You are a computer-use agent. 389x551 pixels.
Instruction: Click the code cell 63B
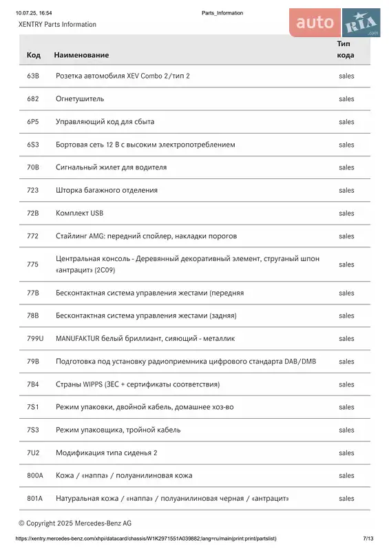point(32,76)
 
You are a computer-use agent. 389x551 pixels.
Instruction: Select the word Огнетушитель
point(80,98)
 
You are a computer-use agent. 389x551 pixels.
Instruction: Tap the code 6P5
point(32,121)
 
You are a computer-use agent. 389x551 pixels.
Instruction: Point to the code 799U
point(35,338)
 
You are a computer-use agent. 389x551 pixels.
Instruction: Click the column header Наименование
point(81,54)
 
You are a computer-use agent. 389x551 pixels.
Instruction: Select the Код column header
point(33,54)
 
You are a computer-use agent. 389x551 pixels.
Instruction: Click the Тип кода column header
point(346,49)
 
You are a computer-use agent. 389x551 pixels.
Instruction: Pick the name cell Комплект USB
point(79,213)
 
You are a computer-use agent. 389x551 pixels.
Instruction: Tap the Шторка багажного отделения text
point(107,190)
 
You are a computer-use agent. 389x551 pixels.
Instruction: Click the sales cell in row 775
point(346,264)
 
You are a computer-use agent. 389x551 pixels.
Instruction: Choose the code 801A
point(34,498)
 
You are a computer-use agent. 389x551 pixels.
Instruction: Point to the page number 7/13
point(368,538)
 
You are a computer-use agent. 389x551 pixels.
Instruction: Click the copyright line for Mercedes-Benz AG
point(75,523)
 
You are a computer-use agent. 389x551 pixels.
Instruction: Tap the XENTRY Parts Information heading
point(57,24)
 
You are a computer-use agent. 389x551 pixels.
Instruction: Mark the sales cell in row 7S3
point(346,430)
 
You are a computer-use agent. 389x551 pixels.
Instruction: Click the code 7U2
point(32,453)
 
